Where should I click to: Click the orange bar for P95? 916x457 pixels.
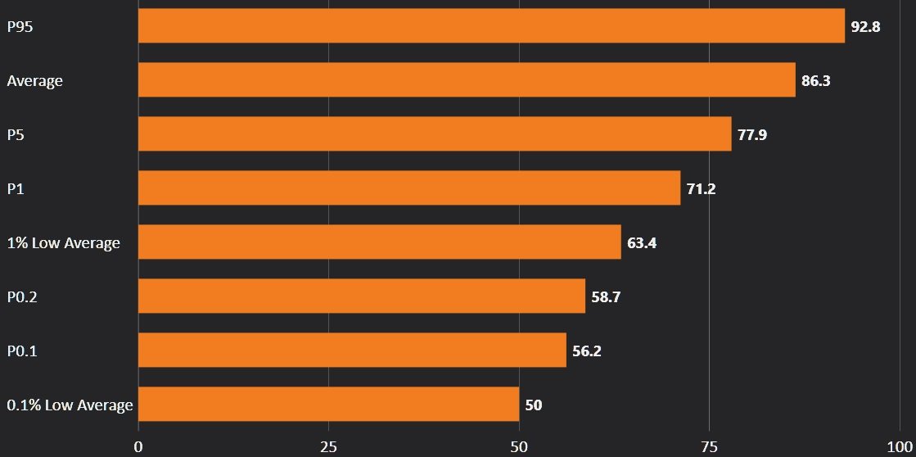(x=491, y=25)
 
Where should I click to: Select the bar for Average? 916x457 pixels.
(x=467, y=80)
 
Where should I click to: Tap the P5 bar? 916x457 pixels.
(x=435, y=134)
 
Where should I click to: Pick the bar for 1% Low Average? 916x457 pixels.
(x=379, y=242)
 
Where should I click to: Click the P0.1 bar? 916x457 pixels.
(x=352, y=351)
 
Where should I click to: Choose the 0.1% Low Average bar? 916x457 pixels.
(x=328, y=405)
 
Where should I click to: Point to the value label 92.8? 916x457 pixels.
(x=865, y=26)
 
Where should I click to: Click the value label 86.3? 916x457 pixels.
(x=816, y=81)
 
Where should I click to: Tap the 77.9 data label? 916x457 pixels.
(x=752, y=135)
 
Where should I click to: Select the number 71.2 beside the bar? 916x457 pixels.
(x=702, y=189)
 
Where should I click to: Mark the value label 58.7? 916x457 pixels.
(x=607, y=297)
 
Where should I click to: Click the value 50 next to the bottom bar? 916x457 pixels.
(x=534, y=405)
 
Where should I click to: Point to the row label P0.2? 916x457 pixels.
(x=22, y=296)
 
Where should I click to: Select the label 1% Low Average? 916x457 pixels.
(x=63, y=242)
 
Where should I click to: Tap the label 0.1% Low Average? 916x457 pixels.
(x=70, y=405)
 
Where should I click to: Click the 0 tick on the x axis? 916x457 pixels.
(x=138, y=446)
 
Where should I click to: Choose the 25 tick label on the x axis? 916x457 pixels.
(x=328, y=446)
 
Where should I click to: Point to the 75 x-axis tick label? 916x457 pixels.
(x=709, y=446)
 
